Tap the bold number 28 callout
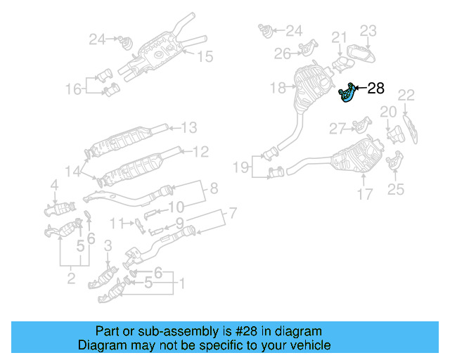(x=376, y=88)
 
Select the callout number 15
(x=204, y=57)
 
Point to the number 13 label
(x=189, y=128)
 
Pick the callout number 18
(x=278, y=88)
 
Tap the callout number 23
(x=369, y=30)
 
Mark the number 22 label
(x=406, y=96)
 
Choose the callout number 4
(x=53, y=185)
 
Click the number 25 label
(x=396, y=188)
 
